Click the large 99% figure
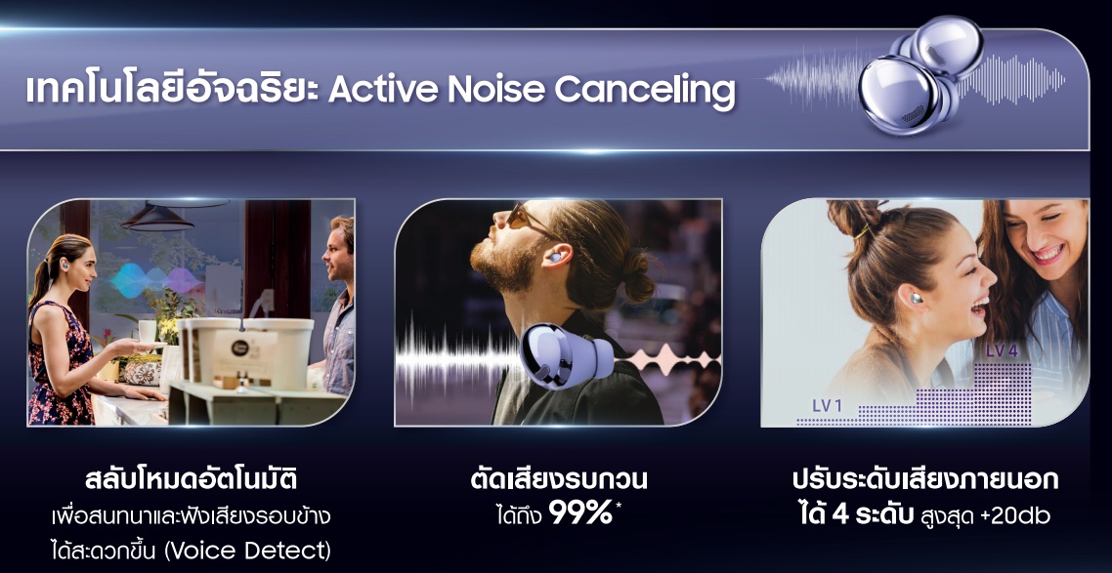click(580, 513)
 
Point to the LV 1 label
click(827, 406)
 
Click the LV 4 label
click(1002, 350)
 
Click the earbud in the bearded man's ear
click(555, 257)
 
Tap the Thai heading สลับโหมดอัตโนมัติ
click(191, 480)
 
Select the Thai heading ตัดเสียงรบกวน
click(559, 479)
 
